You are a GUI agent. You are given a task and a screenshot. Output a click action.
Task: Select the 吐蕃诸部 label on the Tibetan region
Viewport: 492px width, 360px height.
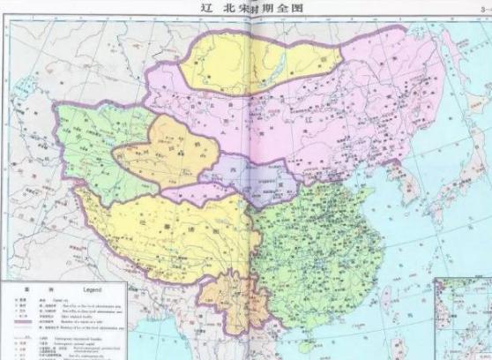(159, 225)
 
